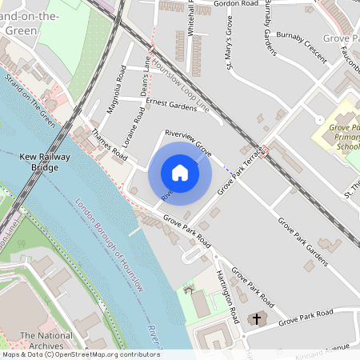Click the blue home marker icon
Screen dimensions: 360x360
[x=180, y=172]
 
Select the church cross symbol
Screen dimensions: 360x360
[x=257, y=319]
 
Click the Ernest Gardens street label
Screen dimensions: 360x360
[x=170, y=104]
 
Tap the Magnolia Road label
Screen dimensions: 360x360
[x=117, y=94]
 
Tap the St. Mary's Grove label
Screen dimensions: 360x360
[x=230, y=51]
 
